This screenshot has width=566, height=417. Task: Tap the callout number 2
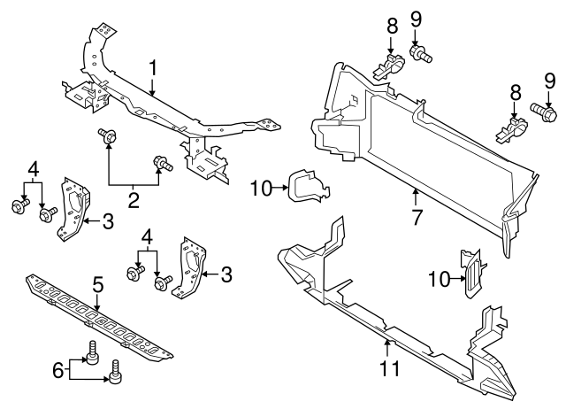[134, 200]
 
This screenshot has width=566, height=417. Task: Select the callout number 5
[98, 284]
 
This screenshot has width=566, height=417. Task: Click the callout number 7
[416, 214]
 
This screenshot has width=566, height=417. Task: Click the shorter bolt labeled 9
[421, 54]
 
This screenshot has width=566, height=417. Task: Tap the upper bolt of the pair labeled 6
[89, 355]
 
